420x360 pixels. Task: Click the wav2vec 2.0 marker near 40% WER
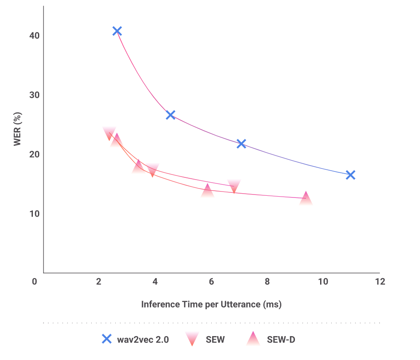point(117,31)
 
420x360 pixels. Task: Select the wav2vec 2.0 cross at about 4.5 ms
point(170,115)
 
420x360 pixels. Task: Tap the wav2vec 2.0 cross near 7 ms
point(241,143)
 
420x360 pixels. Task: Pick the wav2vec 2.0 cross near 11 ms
point(350,175)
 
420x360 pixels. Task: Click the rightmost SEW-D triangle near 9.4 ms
point(306,198)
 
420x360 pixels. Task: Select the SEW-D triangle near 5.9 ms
point(207,190)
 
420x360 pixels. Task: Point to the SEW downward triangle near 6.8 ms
point(234,186)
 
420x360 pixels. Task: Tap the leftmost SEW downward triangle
point(109,133)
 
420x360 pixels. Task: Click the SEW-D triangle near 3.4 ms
point(138,166)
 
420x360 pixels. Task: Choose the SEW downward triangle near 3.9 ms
point(152,170)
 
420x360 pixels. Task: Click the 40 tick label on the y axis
point(35,35)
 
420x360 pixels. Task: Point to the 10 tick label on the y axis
point(35,213)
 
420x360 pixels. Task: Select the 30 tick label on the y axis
point(35,95)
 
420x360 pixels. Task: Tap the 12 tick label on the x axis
point(379,282)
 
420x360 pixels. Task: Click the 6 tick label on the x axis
point(211,282)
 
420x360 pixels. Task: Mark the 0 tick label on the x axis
point(35,282)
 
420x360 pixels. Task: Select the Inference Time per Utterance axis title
point(211,304)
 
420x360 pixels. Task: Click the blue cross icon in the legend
point(106,339)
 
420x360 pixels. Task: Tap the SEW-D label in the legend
point(281,340)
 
